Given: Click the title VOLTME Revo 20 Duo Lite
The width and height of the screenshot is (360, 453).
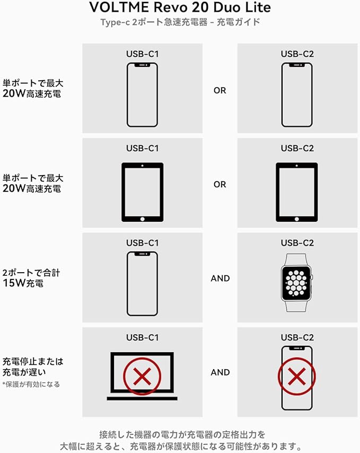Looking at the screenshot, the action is coord(180,7).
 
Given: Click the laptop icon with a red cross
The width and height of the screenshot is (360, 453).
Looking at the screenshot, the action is coord(142,376).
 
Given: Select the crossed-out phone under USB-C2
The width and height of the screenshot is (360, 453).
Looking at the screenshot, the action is coord(297,377).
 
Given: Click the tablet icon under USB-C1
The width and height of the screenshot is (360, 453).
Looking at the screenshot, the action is coord(142,191).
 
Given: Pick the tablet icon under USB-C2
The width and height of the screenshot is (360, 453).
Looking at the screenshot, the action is coord(297,191).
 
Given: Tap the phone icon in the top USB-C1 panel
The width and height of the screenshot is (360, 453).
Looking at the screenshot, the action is coord(142,95).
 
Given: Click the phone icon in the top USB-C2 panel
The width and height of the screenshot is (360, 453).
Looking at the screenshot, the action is coord(297,95).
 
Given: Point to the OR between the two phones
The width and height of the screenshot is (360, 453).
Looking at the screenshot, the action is coord(219,90).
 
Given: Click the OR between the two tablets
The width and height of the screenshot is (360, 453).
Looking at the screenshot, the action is coord(219,185).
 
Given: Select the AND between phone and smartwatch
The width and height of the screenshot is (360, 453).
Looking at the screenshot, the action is coord(220,278).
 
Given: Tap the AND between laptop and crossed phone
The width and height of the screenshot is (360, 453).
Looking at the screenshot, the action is coord(220,372).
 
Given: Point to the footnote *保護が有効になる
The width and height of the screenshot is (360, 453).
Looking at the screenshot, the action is coord(31,384).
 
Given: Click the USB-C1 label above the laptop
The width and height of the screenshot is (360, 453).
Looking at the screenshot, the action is coord(142,337).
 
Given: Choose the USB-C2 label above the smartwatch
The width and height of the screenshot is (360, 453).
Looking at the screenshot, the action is coord(297,243).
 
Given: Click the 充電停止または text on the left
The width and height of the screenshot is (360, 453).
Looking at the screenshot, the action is coord(33,361).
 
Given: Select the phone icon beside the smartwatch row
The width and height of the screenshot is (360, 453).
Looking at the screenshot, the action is coord(142,283).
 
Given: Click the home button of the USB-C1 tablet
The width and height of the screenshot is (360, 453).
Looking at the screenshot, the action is coord(142,218).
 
